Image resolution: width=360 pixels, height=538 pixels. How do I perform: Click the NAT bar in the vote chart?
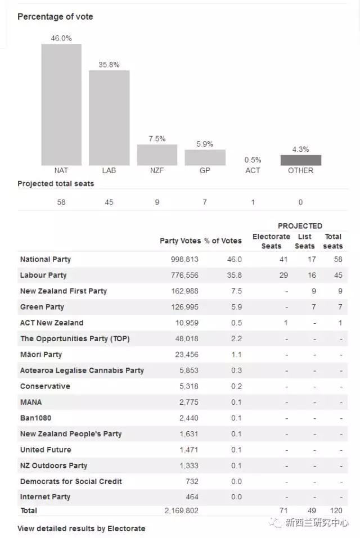tap(61, 105)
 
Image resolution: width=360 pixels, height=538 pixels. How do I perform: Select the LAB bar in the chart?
tap(109, 117)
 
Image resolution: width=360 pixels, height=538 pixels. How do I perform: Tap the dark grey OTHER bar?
tap(300, 160)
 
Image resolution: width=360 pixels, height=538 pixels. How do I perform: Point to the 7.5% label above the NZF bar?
tap(157, 138)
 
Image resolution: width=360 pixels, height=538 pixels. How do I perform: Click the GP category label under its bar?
tap(205, 170)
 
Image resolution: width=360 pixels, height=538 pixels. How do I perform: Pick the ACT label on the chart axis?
tap(253, 170)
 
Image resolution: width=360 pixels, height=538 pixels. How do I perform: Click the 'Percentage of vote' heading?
tap(55, 17)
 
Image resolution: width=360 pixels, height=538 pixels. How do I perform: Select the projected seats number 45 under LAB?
tap(109, 202)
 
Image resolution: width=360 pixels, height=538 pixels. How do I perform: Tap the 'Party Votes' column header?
tap(180, 241)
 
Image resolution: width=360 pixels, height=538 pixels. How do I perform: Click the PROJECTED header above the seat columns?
tap(300, 226)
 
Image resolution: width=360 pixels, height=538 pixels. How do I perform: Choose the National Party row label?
tap(46, 259)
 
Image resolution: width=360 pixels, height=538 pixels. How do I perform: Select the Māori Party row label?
tap(41, 354)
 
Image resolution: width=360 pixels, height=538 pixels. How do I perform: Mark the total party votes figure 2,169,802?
tap(181, 510)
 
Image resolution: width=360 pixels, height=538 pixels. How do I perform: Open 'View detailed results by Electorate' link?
tap(81, 528)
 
